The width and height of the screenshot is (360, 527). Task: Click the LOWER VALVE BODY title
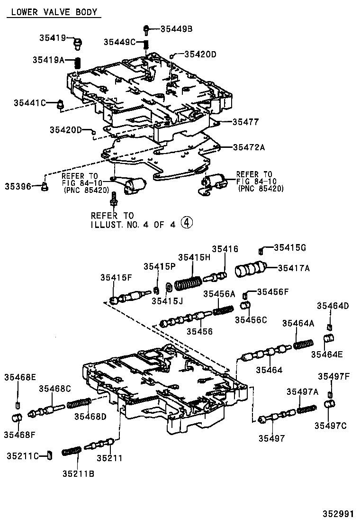(54, 12)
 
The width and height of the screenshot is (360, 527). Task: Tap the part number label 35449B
(176, 28)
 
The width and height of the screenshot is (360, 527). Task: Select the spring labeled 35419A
(80, 62)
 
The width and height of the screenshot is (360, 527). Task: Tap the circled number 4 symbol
(188, 223)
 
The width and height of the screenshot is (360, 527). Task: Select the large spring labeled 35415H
(187, 283)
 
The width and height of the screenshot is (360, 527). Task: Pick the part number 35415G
(290, 247)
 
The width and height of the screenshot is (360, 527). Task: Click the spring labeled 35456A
(223, 310)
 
